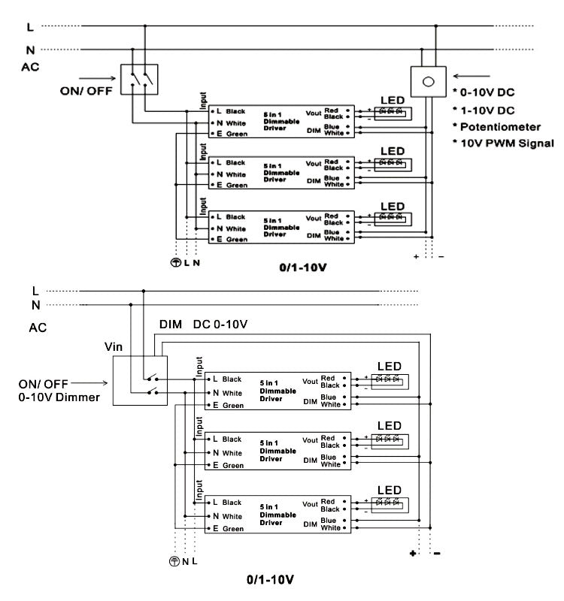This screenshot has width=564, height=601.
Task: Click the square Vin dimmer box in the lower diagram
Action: point(138,380)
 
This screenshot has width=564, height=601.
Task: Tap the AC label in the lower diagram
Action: point(38,328)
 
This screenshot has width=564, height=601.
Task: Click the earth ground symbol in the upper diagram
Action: point(174,263)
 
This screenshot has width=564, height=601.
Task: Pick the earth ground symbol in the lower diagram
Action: point(174,560)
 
